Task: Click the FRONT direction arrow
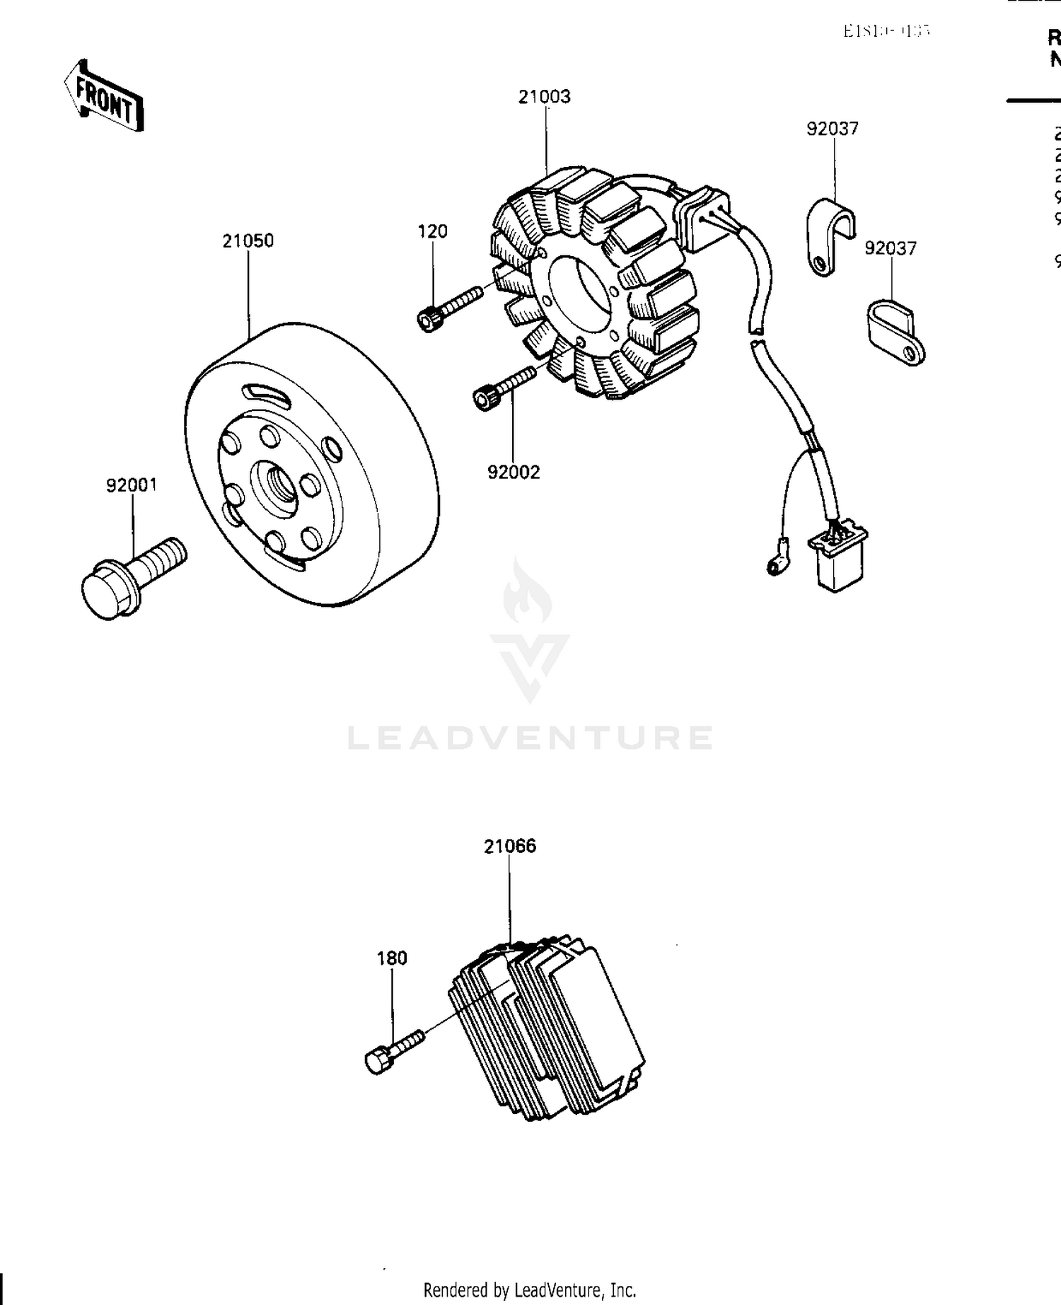pos(105,98)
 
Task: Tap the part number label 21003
pos(544,97)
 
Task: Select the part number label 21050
pos(248,241)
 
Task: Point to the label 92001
pos(132,485)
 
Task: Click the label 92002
pos(514,472)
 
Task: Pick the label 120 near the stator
pos(432,231)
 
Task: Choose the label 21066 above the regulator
pos(510,846)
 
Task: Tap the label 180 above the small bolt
pos(392,958)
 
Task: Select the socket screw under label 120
pos(448,308)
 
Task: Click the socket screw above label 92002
pos(503,388)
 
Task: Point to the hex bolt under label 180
pos(393,1052)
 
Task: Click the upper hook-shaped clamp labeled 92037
pos(828,237)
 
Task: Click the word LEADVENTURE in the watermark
pos(530,738)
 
